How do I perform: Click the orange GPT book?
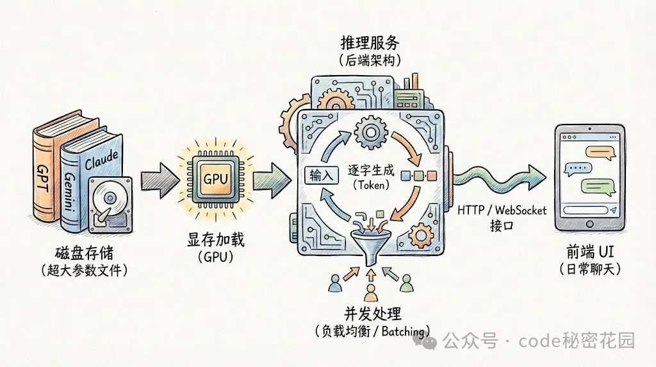(x=46, y=173)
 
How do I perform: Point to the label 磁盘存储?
(x=82, y=253)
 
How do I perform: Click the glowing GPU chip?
(x=215, y=178)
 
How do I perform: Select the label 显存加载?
(x=214, y=241)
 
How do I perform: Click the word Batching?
(x=404, y=331)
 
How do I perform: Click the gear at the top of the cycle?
(x=369, y=133)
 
